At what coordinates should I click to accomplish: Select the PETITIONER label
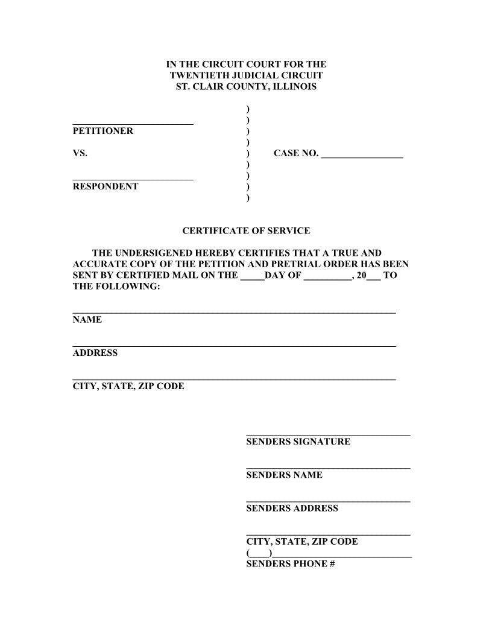click(103, 131)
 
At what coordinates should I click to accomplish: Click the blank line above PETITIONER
click(133, 123)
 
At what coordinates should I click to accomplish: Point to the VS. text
click(80, 153)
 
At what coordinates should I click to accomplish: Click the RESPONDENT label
click(106, 186)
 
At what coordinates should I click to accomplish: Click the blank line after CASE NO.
click(362, 156)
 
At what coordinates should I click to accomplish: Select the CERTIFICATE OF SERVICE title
click(246, 230)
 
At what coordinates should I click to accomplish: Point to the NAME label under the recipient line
click(87, 320)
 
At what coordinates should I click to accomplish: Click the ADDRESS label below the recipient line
click(95, 353)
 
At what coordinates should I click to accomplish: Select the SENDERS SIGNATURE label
click(298, 442)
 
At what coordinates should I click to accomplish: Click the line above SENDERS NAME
click(328, 467)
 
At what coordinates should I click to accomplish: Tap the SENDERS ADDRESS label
click(292, 508)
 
